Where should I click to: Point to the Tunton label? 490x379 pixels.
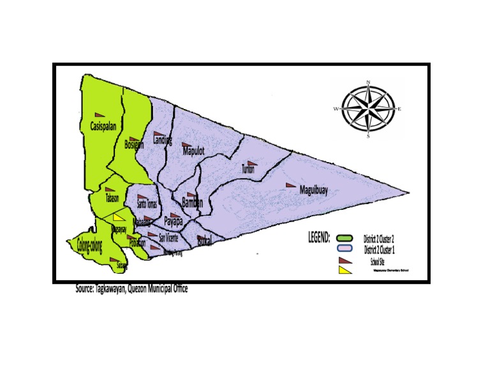[x=248, y=170]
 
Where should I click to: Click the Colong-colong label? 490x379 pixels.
[x=89, y=244]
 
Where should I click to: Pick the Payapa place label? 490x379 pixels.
[x=173, y=222]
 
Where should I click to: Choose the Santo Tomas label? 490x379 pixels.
[x=147, y=204]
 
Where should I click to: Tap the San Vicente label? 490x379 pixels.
[x=168, y=238]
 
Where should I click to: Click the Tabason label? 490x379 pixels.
[x=112, y=198]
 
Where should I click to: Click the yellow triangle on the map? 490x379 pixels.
[x=118, y=217]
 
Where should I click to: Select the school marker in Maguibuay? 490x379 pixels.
[x=291, y=185]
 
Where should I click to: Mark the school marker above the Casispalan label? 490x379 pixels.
[x=98, y=110]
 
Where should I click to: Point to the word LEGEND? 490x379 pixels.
[x=319, y=238]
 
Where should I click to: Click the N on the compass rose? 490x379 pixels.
[x=368, y=82]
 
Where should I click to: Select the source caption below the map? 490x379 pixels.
[x=131, y=288]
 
